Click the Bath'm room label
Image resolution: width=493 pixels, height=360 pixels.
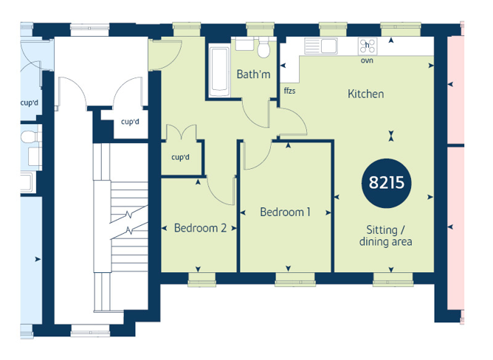tap(253, 75)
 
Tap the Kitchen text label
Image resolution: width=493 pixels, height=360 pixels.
tap(365, 94)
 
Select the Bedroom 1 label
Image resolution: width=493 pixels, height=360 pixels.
tap(285, 212)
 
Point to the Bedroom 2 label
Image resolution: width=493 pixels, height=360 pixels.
tap(200, 228)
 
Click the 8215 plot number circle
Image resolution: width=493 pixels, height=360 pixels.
tap(387, 183)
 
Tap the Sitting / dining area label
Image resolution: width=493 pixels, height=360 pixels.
tap(385, 235)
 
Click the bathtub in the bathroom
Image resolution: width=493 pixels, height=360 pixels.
tap(219, 72)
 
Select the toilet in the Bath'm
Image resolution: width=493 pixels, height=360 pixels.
tap(263, 48)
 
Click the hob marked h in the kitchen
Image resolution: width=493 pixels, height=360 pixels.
tap(368, 46)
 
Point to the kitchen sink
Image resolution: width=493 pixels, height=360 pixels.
tap(321, 46)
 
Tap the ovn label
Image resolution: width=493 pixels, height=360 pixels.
tap(367, 60)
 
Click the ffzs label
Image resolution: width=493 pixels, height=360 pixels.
tap(289, 91)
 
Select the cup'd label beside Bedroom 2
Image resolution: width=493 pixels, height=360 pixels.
tap(181, 157)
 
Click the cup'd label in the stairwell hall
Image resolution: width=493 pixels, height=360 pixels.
tap(130, 122)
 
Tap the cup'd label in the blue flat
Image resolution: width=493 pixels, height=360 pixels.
tap(30, 103)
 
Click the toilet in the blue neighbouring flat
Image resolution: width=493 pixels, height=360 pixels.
tap(31, 136)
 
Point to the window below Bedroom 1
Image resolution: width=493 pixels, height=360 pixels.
tap(295, 280)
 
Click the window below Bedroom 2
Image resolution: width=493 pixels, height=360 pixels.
tap(202, 280)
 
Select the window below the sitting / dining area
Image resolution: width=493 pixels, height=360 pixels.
tap(393, 280)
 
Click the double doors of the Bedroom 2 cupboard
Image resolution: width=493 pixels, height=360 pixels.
tap(182, 132)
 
